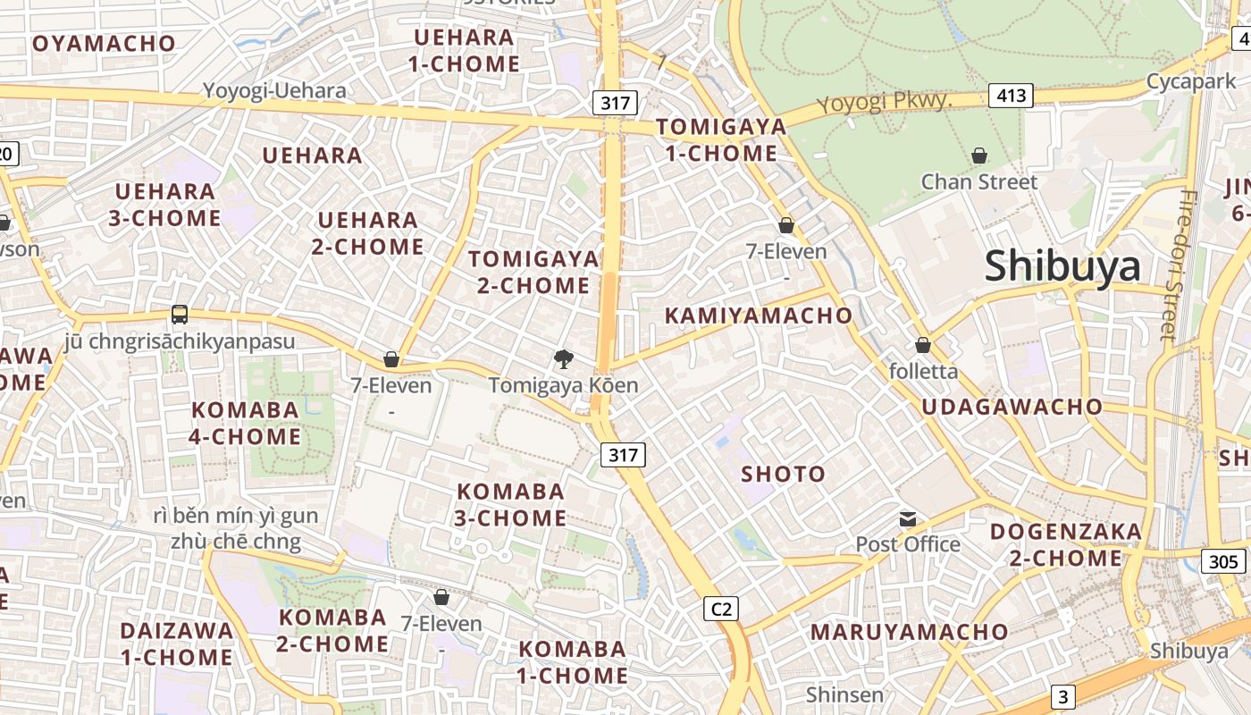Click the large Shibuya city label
coord(1062,266)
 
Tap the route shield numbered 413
coord(1011,95)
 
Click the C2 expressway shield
coord(720,609)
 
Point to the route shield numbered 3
coord(1062,696)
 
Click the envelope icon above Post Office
coord(908,518)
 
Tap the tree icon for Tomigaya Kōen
coord(563,359)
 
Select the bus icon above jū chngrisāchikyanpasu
coord(180,314)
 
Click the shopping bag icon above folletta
coord(923,344)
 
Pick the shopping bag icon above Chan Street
coord(979,156)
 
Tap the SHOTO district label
coord(783,474)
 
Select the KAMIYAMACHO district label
coord(759,315)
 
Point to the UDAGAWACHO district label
coord(1012,407)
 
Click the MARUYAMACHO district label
coord(909,632)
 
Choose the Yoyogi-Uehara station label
coord(274,90)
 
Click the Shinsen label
coord(844,694)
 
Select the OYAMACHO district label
coord(105,43)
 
